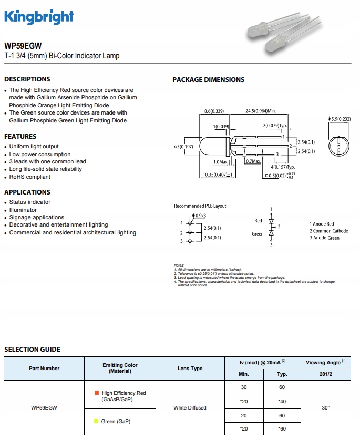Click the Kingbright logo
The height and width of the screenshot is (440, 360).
[39, 17]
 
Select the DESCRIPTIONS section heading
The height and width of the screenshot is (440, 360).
[27, 79]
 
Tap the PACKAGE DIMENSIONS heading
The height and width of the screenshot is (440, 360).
[208, 80]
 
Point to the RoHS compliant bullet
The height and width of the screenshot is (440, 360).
[30, 177]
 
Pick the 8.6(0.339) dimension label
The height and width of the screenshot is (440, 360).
[214, 111]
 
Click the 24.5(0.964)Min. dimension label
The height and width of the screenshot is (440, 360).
[260, 111]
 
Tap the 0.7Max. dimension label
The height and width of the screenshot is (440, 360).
[253, 161]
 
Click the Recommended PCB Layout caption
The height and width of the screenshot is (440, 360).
[200, 206]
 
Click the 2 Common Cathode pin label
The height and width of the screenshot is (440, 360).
[328, 231]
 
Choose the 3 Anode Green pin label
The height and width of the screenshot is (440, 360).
[324, 238]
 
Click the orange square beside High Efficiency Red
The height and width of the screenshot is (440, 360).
[97, 393]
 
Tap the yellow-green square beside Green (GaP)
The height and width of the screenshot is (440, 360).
[96, 422]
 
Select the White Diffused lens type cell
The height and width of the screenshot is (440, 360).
[190, 407]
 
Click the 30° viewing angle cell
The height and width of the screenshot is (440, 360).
[325, 407]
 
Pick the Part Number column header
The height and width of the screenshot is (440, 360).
[44, 369]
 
